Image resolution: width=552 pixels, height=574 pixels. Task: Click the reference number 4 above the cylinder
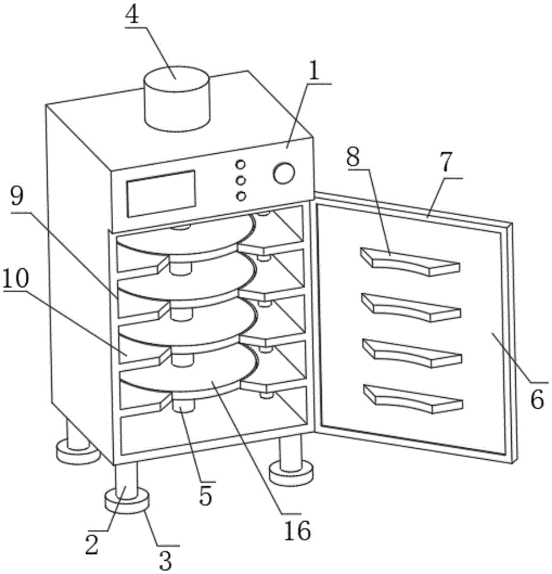coord(132,15)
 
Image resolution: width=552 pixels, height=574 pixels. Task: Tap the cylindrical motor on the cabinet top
coord(177,99)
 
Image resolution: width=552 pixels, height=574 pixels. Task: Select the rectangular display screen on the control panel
coord(161,193)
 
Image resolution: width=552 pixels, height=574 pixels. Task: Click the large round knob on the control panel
coord(284,173)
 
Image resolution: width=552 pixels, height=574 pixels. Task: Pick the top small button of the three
coord(240,165)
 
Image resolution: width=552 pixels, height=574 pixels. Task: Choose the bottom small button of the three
coord(241,196)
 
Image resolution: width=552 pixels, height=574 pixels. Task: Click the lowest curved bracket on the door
coord(413,399)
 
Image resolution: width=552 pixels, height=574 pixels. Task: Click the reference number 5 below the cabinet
coord(206,496)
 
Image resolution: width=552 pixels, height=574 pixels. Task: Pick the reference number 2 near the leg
coord(92,544)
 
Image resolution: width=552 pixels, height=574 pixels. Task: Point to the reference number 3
coord(165,560)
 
